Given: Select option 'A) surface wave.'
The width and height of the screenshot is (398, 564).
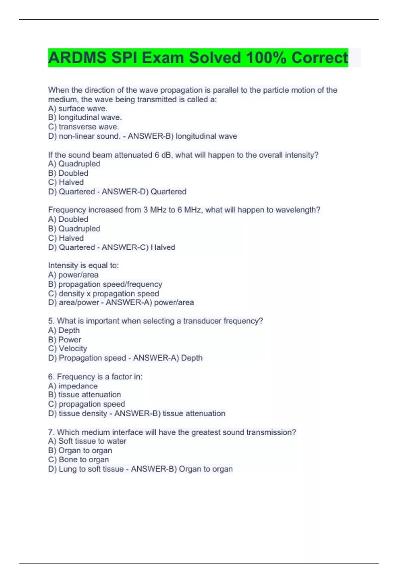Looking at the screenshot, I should click(x=78, y=108).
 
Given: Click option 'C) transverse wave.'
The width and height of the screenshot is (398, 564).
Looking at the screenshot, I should click(x=84, y=127).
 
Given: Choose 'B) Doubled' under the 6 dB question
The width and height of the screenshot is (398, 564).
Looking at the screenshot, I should click(x=68, y=173).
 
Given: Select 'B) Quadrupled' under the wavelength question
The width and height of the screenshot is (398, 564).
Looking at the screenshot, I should click(x=74, y=229).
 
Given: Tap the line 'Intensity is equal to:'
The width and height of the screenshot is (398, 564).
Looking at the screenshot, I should click(x=84, y=265).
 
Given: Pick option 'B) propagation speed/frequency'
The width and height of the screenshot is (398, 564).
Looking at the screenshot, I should click(x=105, y=284).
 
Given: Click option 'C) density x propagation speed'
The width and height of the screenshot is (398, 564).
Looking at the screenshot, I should click(x=103, y=294).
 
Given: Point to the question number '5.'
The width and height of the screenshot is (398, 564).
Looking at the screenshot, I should click(x=51, y=321).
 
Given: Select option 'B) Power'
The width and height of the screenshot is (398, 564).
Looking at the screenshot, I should click(x=65, y=340).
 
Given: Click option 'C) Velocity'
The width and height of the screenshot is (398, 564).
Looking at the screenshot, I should click(x=68, y=348).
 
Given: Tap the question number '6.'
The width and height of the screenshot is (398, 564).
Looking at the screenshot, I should click(x=51, y=377).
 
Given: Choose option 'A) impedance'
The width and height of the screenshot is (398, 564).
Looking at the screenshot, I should click(x=73, y=386).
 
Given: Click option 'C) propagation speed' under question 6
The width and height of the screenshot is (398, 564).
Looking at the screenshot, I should click(x=87, y=404).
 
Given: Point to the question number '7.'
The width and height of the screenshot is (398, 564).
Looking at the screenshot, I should click(x=51, y=432).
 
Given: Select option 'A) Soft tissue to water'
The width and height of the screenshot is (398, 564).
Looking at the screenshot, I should click(x=87, y=441).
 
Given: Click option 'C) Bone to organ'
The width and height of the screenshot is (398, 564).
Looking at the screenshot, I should click(x=79, y=459).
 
